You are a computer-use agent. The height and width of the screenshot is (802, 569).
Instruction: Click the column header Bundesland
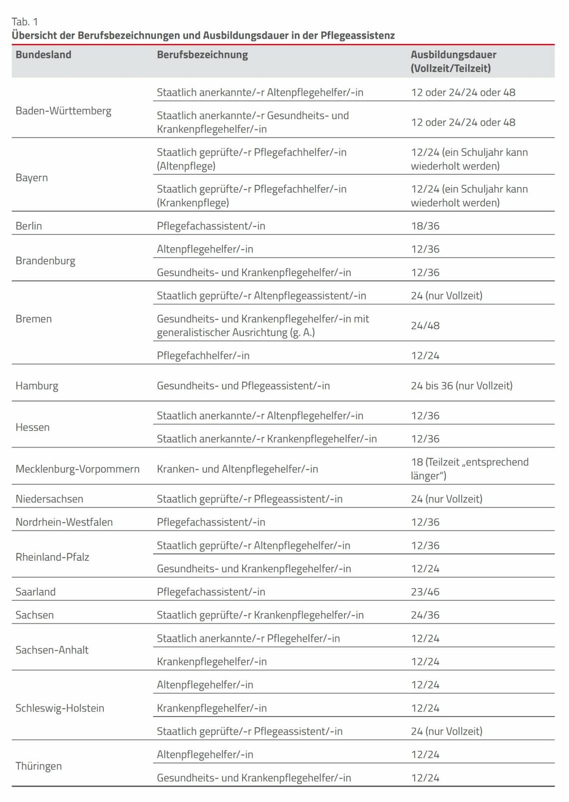[x=43, y=55]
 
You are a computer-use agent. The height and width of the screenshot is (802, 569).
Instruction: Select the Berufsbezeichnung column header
[x=202, y=55]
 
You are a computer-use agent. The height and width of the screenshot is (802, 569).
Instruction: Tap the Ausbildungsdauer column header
[x=453, y=61]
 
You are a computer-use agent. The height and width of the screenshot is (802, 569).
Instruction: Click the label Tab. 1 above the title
[x=25, y=21]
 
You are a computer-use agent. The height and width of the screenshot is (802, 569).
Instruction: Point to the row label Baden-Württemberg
[x=63, y=111]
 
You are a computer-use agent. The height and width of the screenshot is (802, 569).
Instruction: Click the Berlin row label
[x=29, y=226]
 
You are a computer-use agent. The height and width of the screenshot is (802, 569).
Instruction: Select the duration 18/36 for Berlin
[x=425, y=226]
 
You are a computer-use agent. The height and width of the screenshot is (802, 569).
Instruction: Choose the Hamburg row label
[x=37, y=386]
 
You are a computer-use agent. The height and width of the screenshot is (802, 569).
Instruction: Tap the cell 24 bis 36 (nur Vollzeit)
[x=462, y=386]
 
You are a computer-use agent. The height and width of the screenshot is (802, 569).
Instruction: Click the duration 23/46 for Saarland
[x=425, y=592]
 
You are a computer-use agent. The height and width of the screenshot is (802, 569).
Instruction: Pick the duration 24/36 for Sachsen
[x=425, y=615]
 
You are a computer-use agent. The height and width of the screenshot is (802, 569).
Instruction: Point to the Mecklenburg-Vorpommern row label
[x=77, y=469]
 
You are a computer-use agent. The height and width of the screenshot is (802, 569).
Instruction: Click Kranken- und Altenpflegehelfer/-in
[x=238, y=469]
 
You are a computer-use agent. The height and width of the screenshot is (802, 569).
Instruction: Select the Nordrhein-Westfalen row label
[x=64, y=522]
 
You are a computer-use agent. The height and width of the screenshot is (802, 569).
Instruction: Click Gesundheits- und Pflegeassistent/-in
[x=244, y=386]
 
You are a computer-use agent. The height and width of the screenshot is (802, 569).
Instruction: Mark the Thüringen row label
[x=39, y=766]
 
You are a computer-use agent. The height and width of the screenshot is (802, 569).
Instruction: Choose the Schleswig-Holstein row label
[x=60, y=708]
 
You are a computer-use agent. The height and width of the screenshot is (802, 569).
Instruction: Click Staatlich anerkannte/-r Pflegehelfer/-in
[x=249, y=638]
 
